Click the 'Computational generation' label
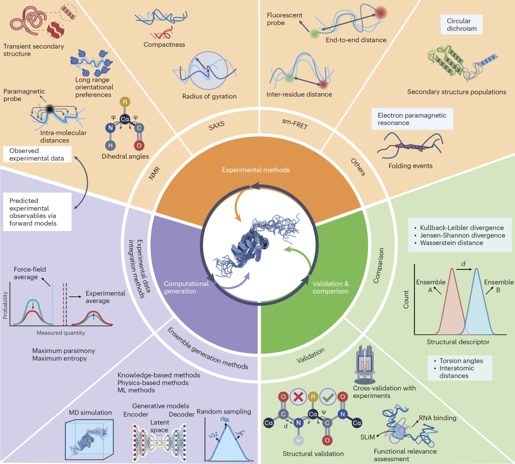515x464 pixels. (186, 287)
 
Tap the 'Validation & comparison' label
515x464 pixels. (330, 287)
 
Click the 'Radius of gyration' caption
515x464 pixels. (209, 96)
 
